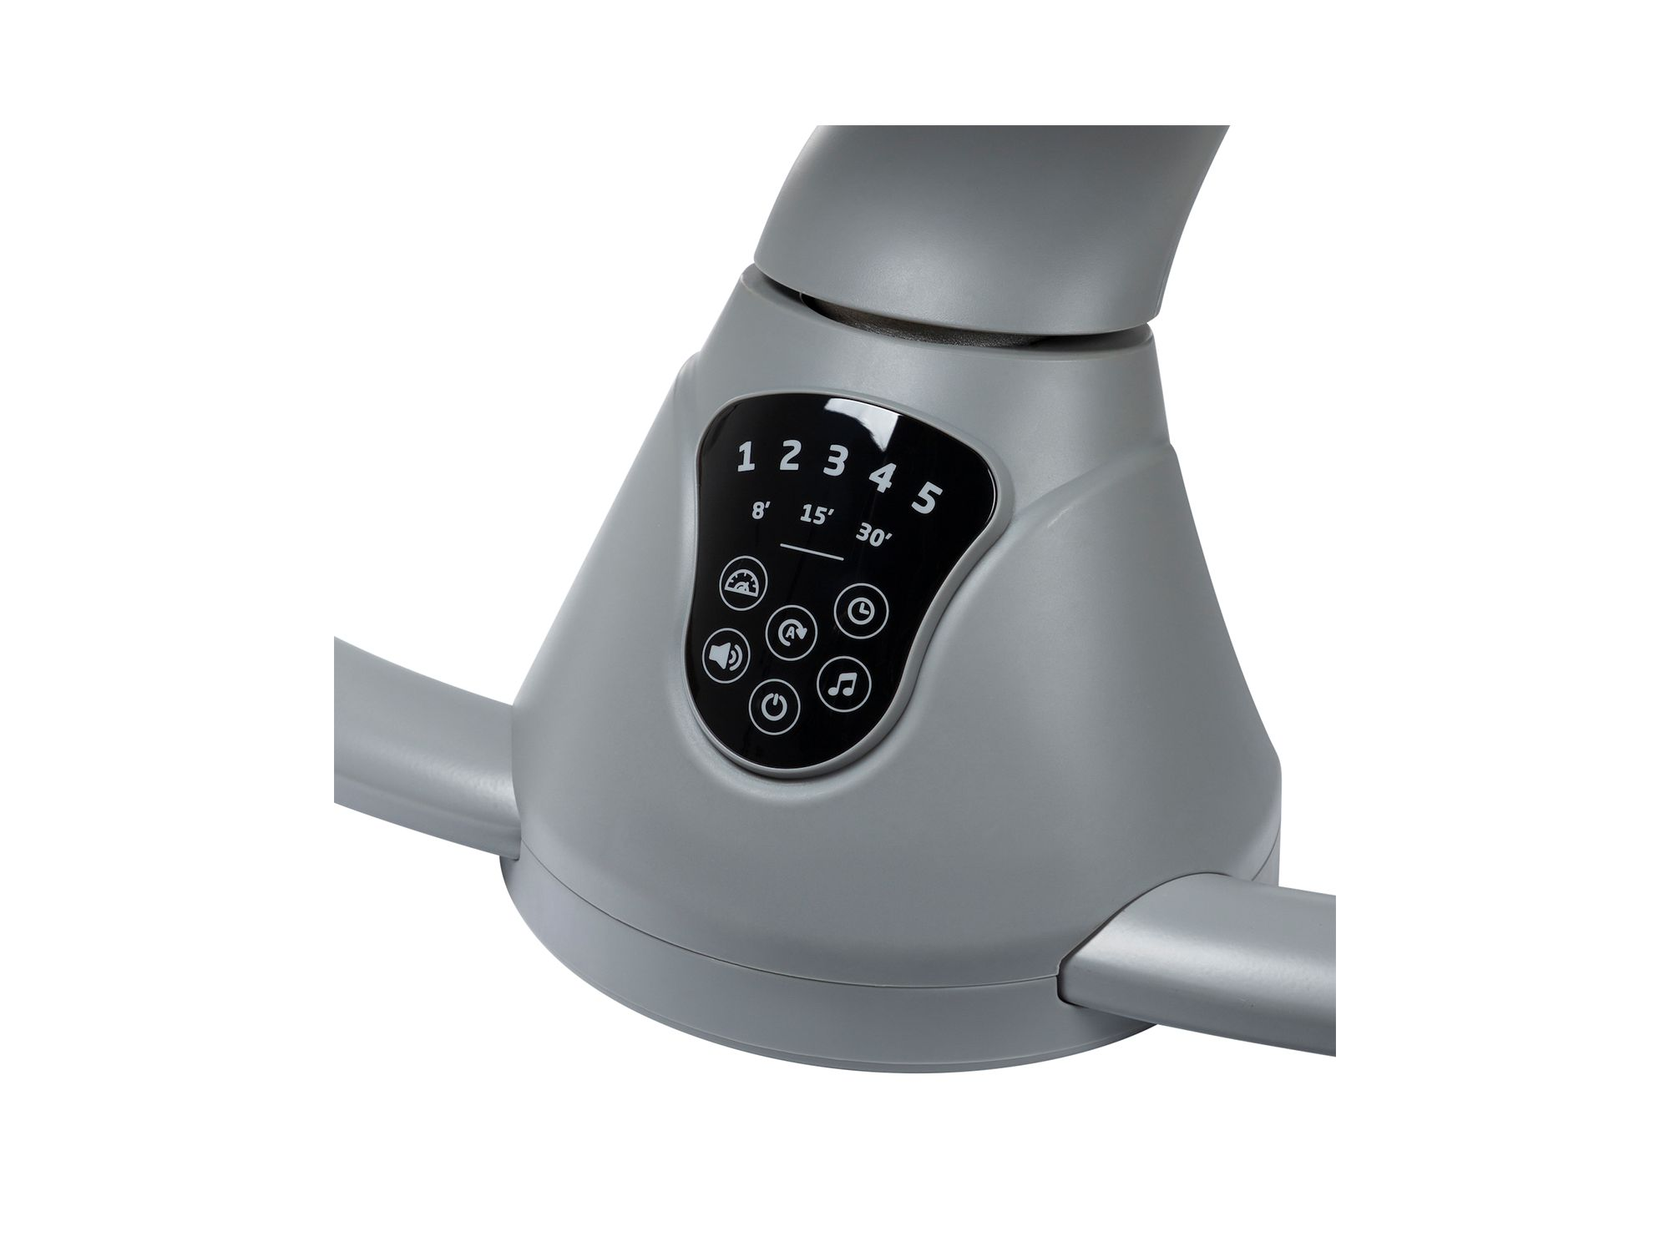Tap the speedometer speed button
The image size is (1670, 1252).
click(742, 585)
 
